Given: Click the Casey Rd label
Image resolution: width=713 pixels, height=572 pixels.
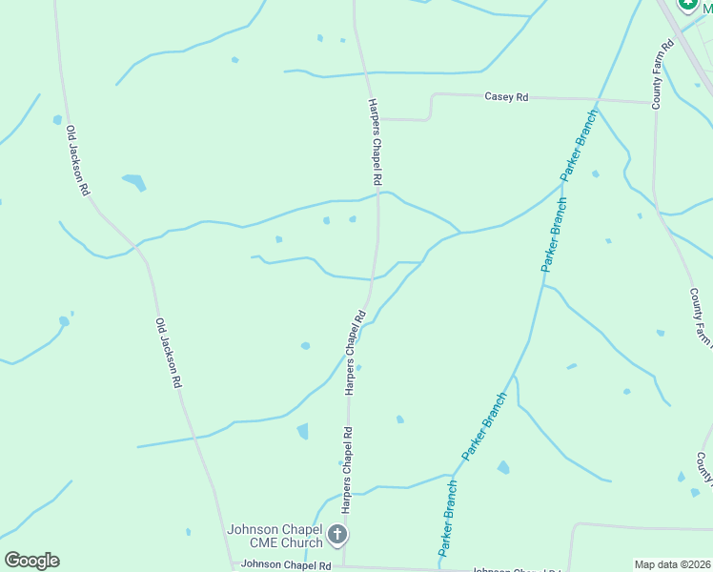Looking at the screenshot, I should [506, 96].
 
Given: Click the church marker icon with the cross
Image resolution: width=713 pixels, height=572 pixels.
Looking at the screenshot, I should [337, 535].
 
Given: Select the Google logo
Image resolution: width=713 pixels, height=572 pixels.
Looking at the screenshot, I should [31, 561].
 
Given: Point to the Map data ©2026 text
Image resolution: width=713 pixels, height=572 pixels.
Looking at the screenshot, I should [672, 564].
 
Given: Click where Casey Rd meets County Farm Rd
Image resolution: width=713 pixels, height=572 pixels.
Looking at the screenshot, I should [654, 102].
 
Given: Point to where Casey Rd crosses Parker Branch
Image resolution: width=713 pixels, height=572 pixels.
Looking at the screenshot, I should [598, 99].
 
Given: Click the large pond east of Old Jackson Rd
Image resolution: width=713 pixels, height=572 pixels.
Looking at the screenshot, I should [133, 181].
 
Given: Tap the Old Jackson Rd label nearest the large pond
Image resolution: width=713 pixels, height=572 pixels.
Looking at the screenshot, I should [77, 161].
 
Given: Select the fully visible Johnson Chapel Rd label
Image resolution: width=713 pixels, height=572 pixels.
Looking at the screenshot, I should [286, 564].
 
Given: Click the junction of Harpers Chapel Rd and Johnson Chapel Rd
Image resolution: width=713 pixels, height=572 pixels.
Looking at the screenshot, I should [345, 566].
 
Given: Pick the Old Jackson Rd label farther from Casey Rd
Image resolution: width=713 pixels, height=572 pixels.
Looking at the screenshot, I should [169, 353].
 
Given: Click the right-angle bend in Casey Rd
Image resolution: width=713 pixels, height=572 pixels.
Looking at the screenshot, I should [432, 96].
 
